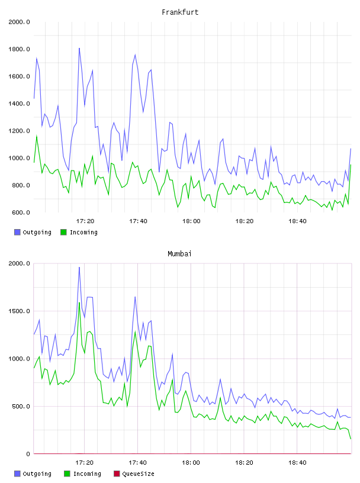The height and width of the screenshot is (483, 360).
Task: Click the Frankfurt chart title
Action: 180,12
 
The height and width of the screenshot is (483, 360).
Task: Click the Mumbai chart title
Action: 179,254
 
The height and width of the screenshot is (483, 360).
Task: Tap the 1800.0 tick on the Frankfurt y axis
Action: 19,49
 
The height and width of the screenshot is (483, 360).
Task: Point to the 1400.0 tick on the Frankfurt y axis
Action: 19,104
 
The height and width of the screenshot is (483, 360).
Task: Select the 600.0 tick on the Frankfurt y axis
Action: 21,212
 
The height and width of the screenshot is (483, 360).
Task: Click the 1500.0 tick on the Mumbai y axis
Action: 19,311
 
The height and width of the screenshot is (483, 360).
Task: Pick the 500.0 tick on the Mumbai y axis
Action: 21,406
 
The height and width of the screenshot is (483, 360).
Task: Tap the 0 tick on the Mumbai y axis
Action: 28,454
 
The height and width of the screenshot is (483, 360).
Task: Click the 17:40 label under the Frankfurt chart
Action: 138,221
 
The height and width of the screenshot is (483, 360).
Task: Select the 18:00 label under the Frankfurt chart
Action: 191,221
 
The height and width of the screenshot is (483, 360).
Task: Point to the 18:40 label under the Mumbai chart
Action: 297,463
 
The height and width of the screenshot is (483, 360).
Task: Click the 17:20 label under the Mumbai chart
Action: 85,463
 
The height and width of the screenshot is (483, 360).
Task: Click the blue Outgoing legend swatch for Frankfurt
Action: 17,232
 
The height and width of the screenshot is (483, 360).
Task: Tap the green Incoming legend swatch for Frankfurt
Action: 63,232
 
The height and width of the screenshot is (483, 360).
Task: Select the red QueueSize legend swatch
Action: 117,474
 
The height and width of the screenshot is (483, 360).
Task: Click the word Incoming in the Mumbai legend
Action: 87,474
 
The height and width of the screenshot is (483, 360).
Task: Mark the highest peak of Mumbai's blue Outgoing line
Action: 79,268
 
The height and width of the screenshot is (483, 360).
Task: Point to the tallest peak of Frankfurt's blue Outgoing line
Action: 79,49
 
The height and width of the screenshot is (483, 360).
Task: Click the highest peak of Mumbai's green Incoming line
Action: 79,302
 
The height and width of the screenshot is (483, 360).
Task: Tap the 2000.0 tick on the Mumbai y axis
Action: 19,263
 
